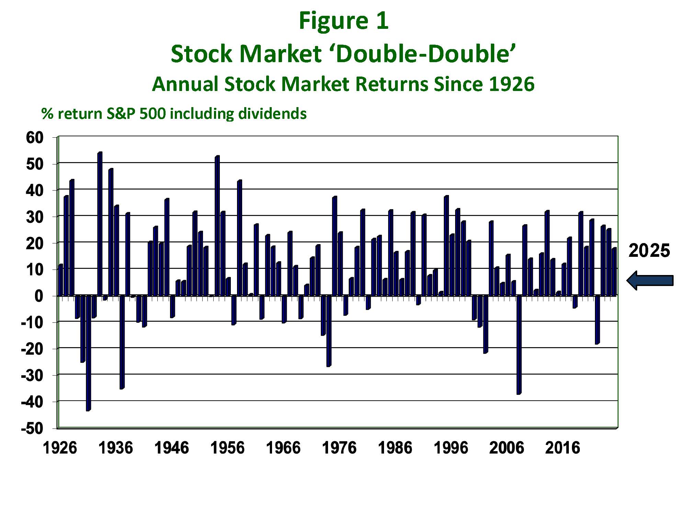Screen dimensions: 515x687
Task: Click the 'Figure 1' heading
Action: (x=343, y=21)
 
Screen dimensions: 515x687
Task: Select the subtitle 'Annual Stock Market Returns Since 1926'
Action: (x=343, y=84)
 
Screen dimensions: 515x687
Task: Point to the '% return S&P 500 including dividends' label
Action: (x=174, y=114)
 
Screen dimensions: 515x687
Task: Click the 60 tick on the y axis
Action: (x=35, y=138)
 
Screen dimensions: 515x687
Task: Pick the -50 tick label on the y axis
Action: (x=32, y=428)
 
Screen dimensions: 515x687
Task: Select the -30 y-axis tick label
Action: (x=32, y=375)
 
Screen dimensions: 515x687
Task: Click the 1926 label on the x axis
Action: (x=60, y=448)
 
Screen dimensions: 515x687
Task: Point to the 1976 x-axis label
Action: (x=339, y=448)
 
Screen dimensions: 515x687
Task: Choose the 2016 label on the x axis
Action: (x=562, y=448)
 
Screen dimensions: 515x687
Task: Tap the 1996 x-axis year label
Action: (x=451, y=448)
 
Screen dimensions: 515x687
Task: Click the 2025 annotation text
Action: (x=649, y=251)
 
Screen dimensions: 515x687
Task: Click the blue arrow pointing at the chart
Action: (x=650, y=280)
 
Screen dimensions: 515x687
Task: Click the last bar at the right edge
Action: (x=614, y=272)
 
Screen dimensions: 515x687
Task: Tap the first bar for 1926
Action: (x=60, y=280)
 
